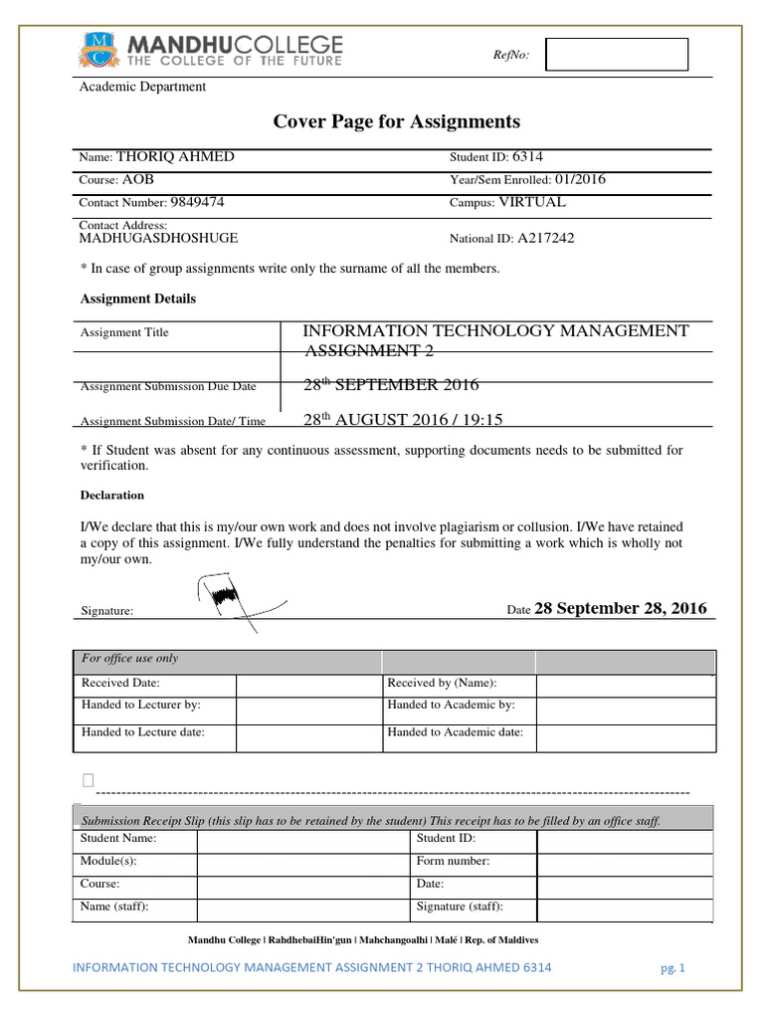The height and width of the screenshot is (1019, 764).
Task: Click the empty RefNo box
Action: click(x=617, y=55)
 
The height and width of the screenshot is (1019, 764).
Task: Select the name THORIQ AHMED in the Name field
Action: click(x=176, y=157)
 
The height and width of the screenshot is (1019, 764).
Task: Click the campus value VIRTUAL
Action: click(x=531, y=202)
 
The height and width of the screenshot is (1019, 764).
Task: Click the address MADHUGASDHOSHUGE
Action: click(x=158, y=239)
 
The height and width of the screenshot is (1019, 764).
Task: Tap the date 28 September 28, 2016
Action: click(x=621, y=609)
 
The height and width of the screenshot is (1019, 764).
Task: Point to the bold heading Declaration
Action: click(x=111, y=495)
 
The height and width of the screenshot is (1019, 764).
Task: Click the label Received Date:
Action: click(x=120, y=684)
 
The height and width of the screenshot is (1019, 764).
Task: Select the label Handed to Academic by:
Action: click(x=451, y=705)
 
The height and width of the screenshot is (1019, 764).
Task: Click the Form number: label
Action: click(x=454, y=861)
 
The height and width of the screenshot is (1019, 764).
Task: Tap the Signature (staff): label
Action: click(x=460, y=907)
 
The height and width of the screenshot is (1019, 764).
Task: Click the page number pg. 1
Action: click(x=672, y=967)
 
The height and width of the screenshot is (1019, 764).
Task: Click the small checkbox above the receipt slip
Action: click(x=88, y=779)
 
